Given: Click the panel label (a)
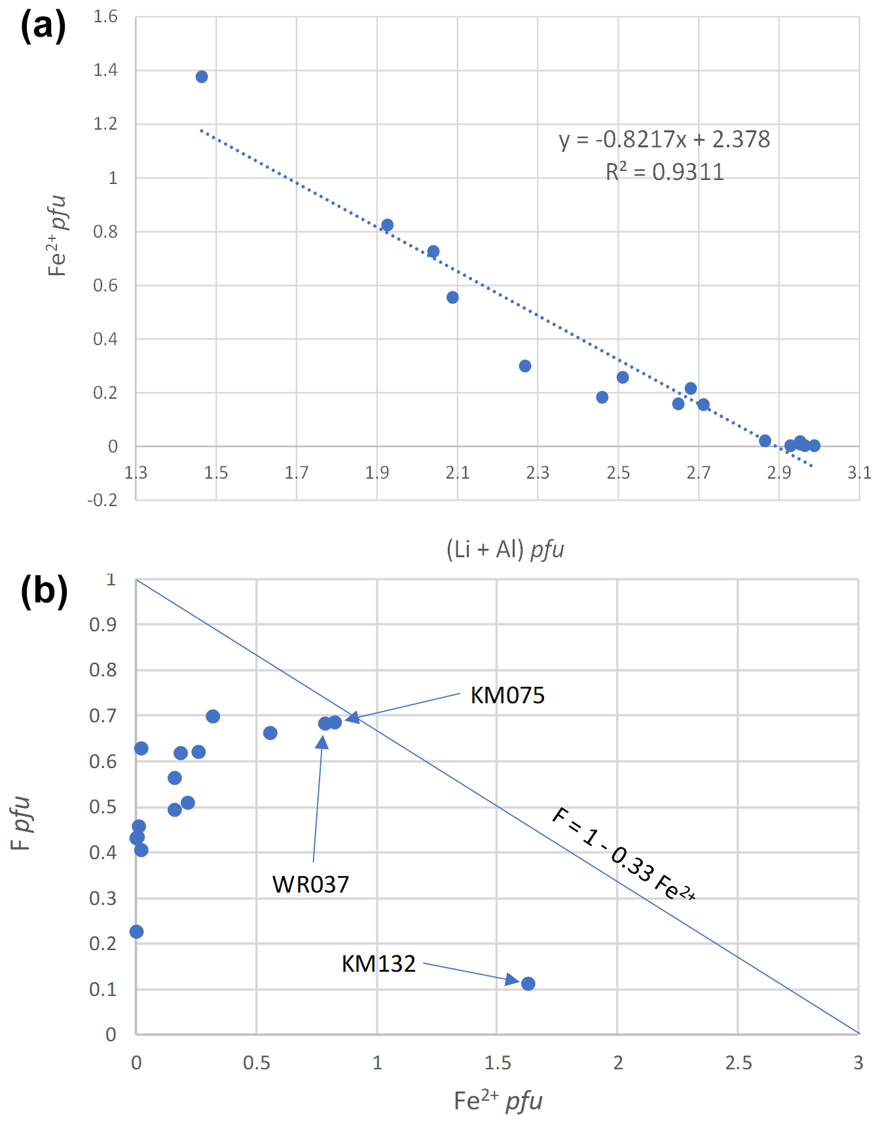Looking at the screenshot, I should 43,28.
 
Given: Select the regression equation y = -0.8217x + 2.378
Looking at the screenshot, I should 664,139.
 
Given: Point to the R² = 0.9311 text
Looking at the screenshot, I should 664,172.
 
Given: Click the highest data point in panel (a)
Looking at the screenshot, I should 202,77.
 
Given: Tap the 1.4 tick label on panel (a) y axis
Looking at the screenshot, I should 105,70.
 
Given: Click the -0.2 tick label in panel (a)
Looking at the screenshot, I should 103,500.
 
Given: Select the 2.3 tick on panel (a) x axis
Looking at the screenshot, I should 538,472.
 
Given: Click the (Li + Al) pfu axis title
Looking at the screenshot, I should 505,549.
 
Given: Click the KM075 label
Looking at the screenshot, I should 507,695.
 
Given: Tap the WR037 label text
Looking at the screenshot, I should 311,885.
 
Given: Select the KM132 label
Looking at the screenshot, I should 378,964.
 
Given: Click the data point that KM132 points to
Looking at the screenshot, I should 528,984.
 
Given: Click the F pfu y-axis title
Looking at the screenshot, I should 21,823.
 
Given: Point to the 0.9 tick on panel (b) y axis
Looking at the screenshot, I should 103,625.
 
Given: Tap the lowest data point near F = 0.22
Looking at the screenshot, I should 136,932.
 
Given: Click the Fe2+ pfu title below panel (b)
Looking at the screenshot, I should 498,1101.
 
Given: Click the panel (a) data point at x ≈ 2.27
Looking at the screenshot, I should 525,366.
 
